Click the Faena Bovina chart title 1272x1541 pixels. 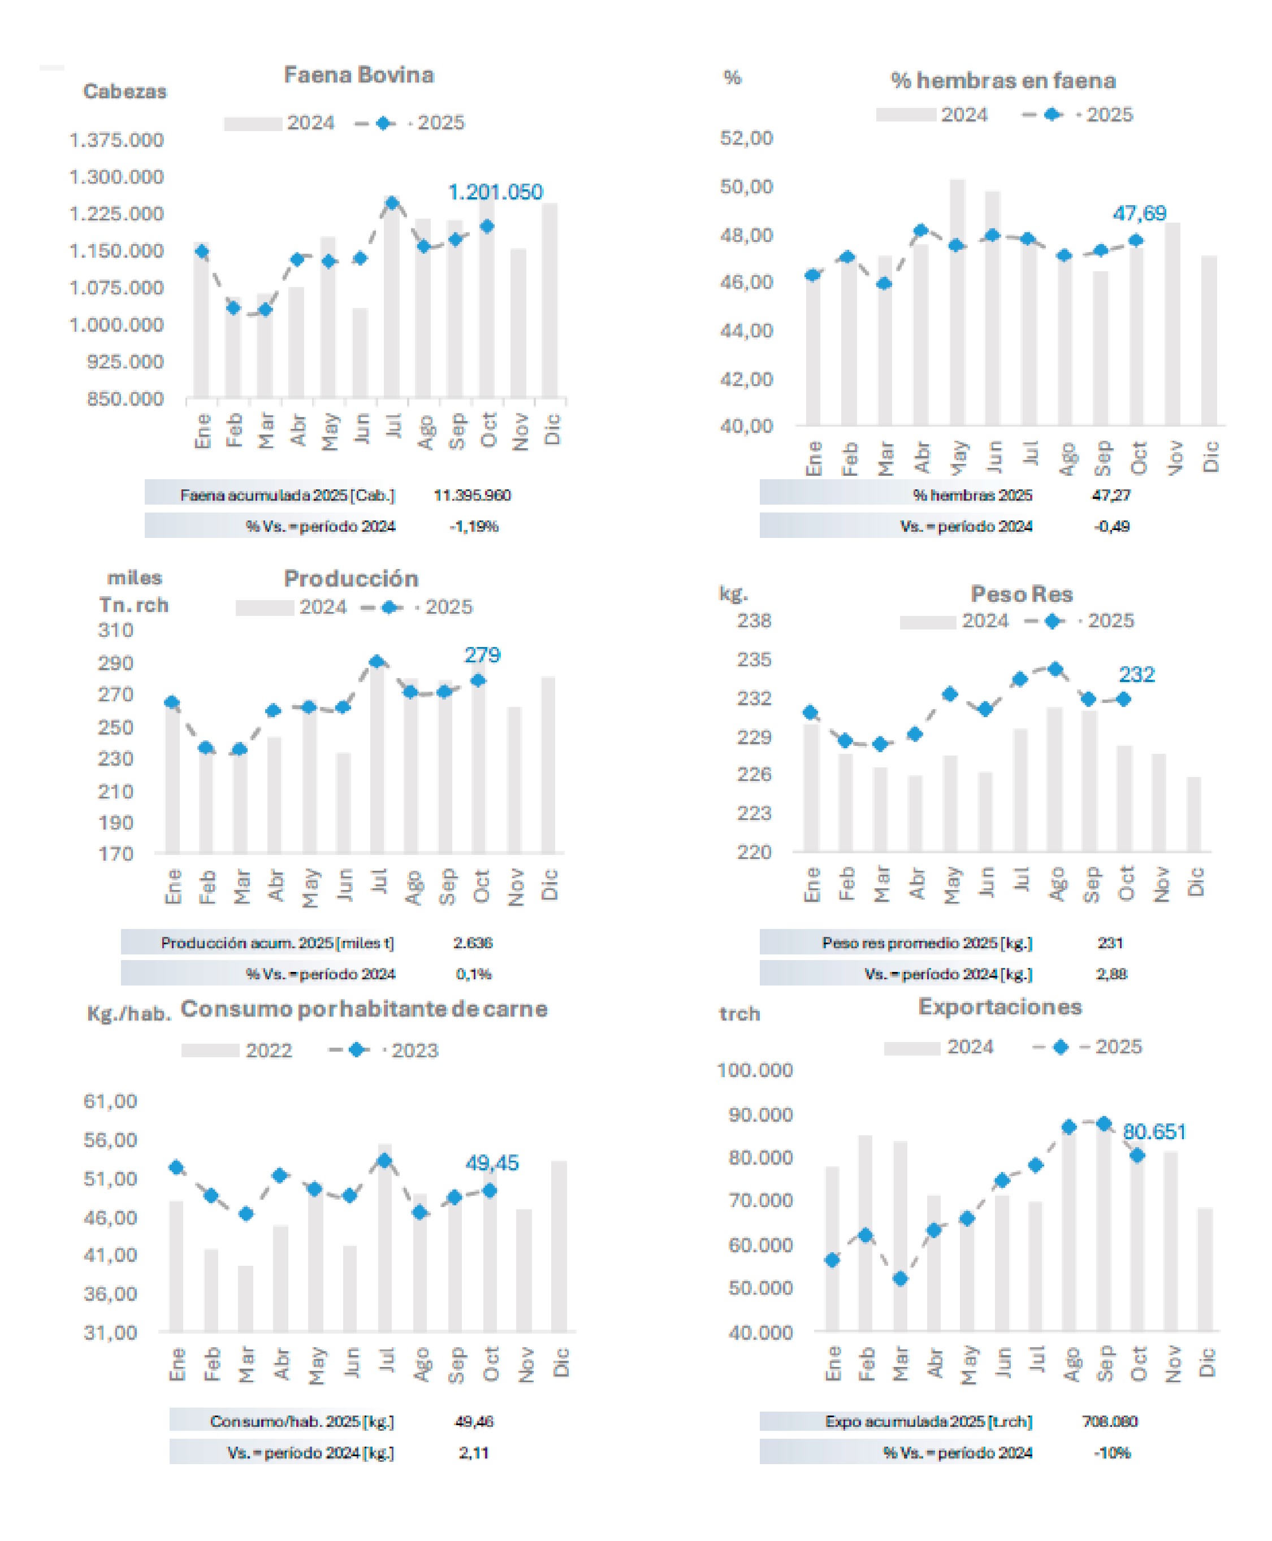click(x=358, y=75)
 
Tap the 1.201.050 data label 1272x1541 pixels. click(x=495, y=192)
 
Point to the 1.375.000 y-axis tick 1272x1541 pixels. click(x=116, y=140)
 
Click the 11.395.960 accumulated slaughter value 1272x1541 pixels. click(x=472, y=495)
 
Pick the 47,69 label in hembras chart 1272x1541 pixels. click(x=1139, y=213)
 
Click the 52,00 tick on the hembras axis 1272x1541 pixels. click(x=746, y=138)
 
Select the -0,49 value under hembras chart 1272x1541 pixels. click(x=1111, y=526)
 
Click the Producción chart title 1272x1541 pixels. click(x=351, y=579)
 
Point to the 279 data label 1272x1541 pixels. click(x=482, y=655)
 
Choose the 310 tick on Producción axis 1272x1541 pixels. click(x=116, y=630)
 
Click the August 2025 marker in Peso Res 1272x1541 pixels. click(x=1055, y=669)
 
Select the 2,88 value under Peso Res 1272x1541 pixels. click(x=1111, y=974)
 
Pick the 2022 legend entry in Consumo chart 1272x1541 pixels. click(x=268, y=1051)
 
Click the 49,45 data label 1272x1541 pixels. click(x=492, y=1162)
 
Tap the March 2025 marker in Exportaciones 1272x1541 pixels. click(x=901, y=1278)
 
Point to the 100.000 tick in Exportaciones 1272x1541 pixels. click(x=755, y=1070)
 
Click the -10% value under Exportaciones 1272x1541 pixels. click(x=1111, y=1452)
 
